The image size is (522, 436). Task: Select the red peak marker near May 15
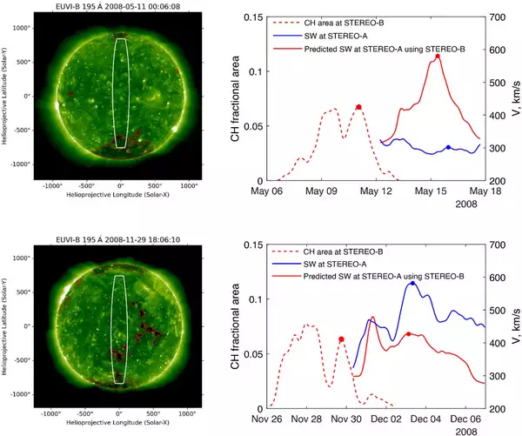pyautogui.click(x=438, y=56)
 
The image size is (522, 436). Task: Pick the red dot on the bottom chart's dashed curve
pyautogui.click(x=341, y=339)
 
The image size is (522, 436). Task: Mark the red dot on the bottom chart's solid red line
pyautogui.click(x=408, y=334)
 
